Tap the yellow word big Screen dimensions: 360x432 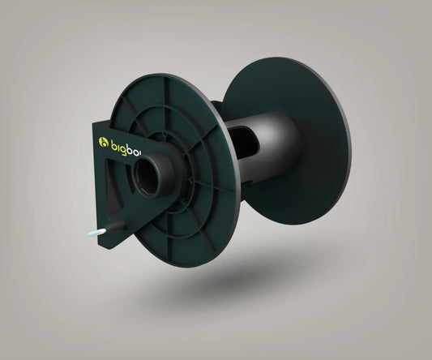121,144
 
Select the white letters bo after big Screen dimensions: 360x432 140,144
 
